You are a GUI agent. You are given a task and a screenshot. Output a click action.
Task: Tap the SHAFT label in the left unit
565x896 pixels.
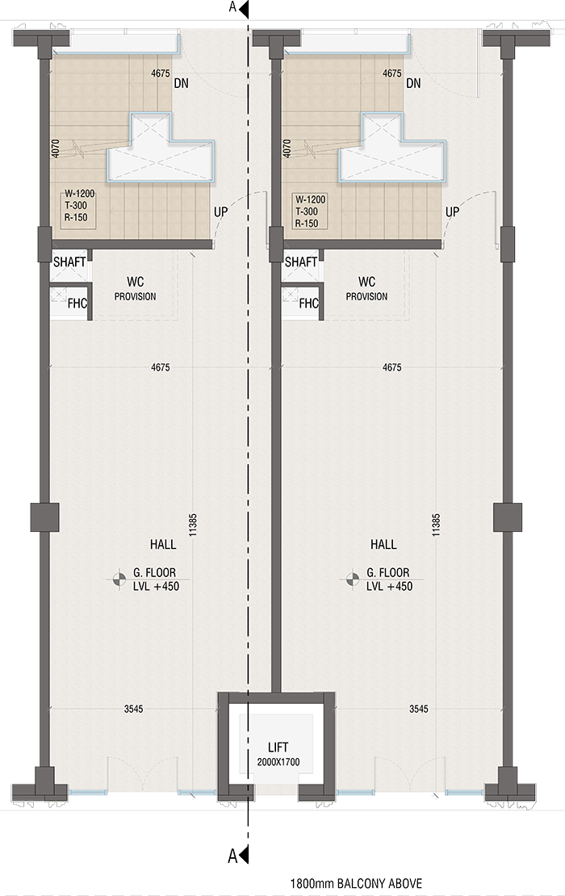pyautogui.click(x=69, y=262)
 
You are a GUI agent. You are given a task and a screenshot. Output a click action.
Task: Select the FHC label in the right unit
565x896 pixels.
pyautogui.click(x=308, y=304)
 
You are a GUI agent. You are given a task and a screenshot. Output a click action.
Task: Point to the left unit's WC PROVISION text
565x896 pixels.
pyautogui.click(x=135, y=289)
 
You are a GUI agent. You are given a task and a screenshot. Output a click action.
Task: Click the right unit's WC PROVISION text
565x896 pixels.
pyautogui.click(x=366, y=289)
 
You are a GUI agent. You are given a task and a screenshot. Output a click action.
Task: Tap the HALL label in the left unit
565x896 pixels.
pyautogui.click(x=163, y=544)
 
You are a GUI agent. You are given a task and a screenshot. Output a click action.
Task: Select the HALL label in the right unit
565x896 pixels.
pyautogui.click(x=383, y=544)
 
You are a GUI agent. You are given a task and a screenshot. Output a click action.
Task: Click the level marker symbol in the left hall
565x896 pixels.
pyautogui.click(x=119, y=578)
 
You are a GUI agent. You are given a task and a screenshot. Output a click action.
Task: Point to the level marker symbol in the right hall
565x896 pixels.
pyautogui.click(x=351, y=578)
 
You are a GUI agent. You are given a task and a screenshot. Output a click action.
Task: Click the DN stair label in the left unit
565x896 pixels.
pyautogui.click(x=182, y=83)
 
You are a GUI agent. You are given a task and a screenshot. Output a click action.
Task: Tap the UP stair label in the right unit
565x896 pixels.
pyautogui.click(x=453, y=211)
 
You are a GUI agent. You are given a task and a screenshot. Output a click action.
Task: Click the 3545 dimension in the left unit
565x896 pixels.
pyautogui.click(x=134, y=710)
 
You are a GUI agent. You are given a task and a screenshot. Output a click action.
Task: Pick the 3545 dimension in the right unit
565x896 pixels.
pyautogui.click(x=418, y=710)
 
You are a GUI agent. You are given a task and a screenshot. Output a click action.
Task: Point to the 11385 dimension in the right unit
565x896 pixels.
pyautogui.click(x=436, y=525)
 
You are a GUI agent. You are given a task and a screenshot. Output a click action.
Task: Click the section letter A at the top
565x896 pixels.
pyautogui.click(x=233, y=8)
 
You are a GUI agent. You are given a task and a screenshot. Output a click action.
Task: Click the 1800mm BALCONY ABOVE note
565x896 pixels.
pyautogui.click(x=356, y=885)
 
